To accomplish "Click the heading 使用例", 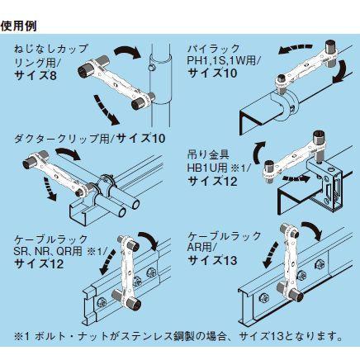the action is [18, 26].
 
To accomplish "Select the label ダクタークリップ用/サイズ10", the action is [90, 138].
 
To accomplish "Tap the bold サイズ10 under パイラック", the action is [212, 73].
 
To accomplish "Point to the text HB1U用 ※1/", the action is [218, 168].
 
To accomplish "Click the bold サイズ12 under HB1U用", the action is [212, 181].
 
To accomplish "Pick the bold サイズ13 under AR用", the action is [212, 260].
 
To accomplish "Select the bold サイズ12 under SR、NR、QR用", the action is [39, 264].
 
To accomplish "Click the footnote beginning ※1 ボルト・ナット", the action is [178, 336].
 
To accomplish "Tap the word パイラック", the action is [214, 49].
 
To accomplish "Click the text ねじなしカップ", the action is [51, 49].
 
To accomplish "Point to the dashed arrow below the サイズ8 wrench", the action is [107, 111].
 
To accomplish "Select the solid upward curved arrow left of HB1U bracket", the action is [258, 153].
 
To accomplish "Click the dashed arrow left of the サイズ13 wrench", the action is [270, 254].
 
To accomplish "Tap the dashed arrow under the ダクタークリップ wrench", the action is [50, 188].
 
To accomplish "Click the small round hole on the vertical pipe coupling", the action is [149, 68].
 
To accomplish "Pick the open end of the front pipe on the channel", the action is [120, 212].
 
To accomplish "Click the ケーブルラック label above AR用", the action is [225, 236].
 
